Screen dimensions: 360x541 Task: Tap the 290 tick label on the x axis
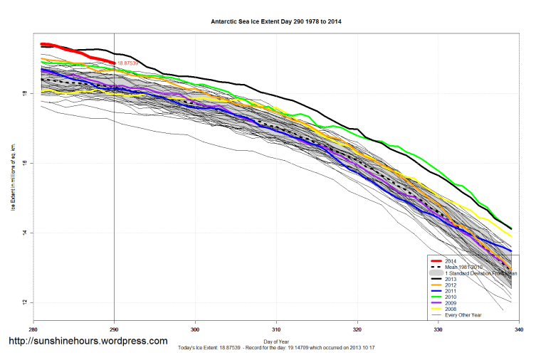tap(114, 331)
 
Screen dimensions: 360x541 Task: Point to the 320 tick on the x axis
tap(357, 331)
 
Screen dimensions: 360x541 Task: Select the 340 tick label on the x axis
tap(519, 331)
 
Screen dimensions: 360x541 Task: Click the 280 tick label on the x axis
tap(33, 331)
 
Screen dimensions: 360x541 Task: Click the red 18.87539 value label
tap(130, 63)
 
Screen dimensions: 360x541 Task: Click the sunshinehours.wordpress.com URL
tap(88, 342)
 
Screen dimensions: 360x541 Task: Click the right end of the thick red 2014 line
tap(114, 63)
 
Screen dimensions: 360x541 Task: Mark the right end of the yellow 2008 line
tap(511, 235)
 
